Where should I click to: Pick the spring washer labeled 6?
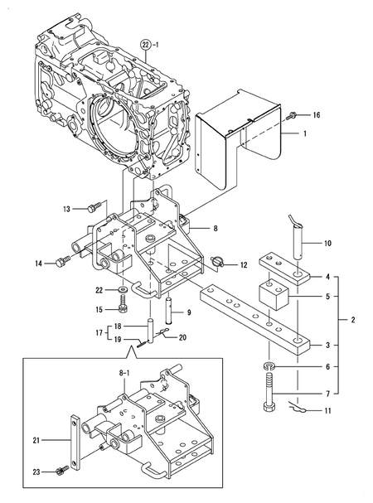point(269,365)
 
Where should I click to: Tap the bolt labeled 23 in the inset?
point(62,473)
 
